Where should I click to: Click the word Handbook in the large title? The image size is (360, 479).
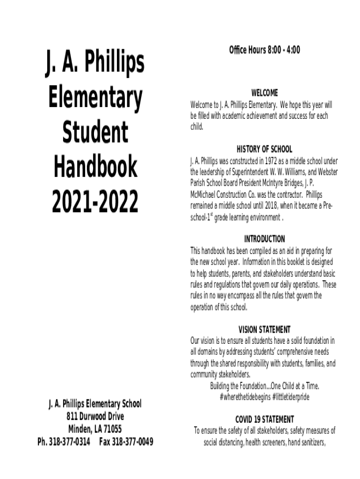(x=95, y=167)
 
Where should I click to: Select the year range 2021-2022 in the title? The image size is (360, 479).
(x=95, y=202)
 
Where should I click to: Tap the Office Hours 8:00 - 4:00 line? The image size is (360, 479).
(x=264, y=50)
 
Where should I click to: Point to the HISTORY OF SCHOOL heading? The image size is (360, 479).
(x=264, y=149)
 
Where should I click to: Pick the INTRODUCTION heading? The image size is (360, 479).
(x=264, y=239)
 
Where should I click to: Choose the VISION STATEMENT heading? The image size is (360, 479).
(x=264, y=329)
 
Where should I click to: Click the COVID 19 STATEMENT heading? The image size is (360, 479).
(x=264, y=419)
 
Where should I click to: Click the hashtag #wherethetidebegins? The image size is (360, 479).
(x=243, y=397)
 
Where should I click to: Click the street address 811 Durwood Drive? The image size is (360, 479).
(x=95, y=416)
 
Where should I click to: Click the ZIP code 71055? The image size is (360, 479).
(x=112, y=429)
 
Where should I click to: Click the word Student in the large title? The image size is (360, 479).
(x=95, y=132)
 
